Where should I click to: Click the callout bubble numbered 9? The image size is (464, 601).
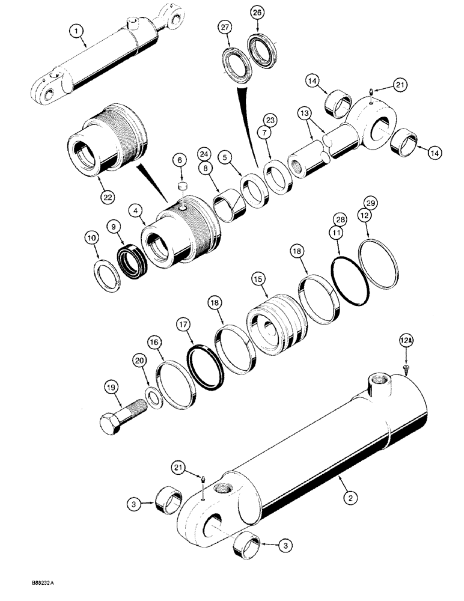[x=112, y=227]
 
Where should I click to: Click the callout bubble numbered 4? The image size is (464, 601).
[x=136, y=211]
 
